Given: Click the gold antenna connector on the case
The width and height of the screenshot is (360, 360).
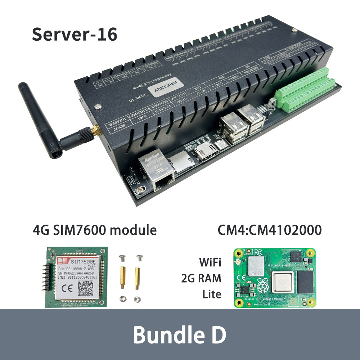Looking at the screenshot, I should pyautogui.click(x=95, y=131).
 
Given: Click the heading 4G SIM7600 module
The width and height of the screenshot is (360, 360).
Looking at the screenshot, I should pyautogui.click(x=95, y=230).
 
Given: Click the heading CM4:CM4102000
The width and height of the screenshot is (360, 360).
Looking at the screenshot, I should pyautogui.click(x=269, y=230).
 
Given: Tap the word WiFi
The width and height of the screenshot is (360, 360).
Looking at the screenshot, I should pyautogui.click(x=210, y=262).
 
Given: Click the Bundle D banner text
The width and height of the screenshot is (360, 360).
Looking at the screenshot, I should pyautogui.click(x=179, y=334).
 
